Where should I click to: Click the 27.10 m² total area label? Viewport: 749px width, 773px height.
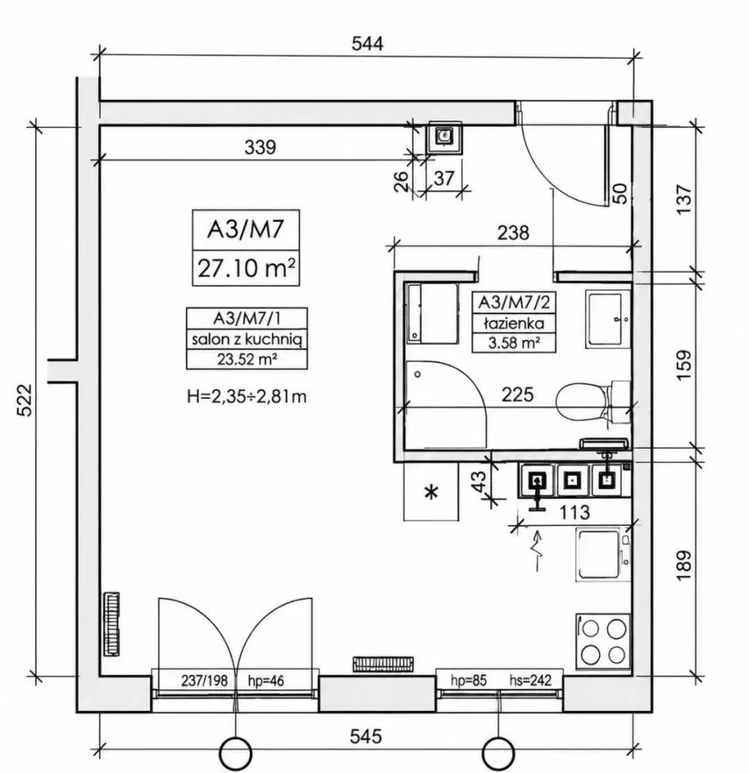pos(246,269)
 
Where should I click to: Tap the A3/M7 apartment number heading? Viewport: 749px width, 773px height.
pos(246,229)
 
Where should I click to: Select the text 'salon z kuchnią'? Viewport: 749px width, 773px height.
pos(246,339)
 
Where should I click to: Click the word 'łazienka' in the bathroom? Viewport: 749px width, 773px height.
pos(514,323)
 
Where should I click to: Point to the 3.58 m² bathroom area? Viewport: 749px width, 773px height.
pos(514,342)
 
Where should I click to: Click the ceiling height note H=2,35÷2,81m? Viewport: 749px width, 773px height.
pos(247,396)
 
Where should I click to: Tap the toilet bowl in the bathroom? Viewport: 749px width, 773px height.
pos(593,400)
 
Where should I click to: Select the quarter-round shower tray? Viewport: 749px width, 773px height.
pos(446,405)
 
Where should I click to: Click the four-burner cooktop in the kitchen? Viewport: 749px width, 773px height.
pos(603,641)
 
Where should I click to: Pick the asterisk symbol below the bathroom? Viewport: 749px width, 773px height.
pos(431,492)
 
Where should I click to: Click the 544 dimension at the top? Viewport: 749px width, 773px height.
pos(367,43)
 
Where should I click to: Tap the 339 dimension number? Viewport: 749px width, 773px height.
pos(260,147)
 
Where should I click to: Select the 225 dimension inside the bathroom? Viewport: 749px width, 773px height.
pos(517,395)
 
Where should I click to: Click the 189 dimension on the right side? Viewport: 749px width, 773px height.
pos(685,565)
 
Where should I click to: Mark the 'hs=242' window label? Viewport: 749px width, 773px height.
pos(530,680)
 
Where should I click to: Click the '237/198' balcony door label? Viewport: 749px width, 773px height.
pos(205,680)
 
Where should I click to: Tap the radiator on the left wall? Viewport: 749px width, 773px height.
pos(112,624)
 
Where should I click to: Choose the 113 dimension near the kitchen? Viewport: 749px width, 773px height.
pos(575,513)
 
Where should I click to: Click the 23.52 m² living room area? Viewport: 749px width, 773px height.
pos(246,359)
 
